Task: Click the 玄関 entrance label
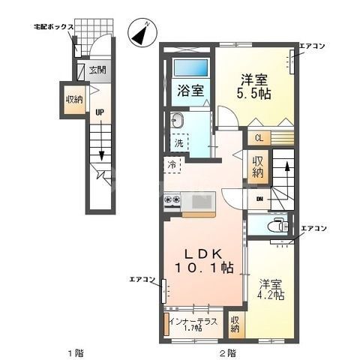coord(97,72)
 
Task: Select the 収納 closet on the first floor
coord(73,100)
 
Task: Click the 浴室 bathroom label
coord(190,91)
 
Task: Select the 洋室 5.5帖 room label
coord(255,87)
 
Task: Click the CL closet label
coord(258,137)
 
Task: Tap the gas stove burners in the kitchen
coord(172,199)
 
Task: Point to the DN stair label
coord(259,199)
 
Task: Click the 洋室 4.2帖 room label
coord(271,289)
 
